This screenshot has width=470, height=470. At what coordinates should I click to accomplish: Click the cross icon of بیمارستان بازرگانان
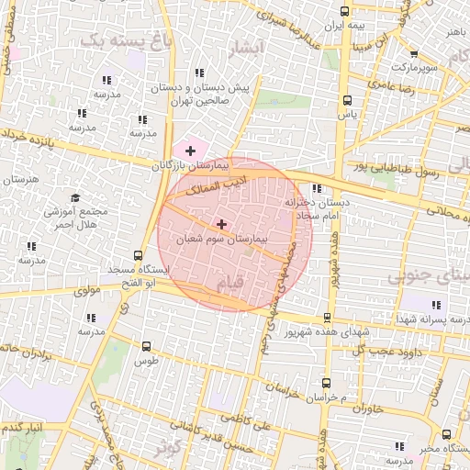click(x=190, y=150)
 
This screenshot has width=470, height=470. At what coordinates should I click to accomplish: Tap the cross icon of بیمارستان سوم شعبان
click(x=221, y=223)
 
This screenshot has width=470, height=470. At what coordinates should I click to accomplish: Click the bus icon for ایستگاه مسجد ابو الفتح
click(x=138, y=255)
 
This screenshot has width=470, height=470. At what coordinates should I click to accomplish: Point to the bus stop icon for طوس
click(x=147, y=346)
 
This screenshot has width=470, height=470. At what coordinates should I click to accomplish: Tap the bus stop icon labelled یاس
click(x=346, y=101)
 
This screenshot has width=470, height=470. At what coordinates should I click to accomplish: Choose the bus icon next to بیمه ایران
click(x=344, y=12)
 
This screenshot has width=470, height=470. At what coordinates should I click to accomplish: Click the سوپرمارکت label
click(x=411, y=69)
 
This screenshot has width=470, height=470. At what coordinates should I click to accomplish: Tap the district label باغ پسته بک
click(x=115, y=39)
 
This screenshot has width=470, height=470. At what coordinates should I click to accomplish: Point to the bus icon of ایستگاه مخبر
click(x=446, y=434)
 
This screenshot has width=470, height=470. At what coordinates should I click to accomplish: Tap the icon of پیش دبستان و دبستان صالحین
click(x=197, y=73)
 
